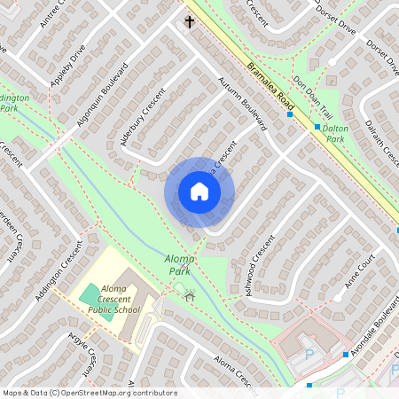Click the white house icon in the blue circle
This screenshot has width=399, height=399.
[199, 192]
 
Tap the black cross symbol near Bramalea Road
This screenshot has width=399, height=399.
[189, 20]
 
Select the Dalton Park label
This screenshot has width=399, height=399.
[335, 133]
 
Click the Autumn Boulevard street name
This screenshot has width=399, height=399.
[242, 105]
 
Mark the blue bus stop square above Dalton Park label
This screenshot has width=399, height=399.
[317, 127]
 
